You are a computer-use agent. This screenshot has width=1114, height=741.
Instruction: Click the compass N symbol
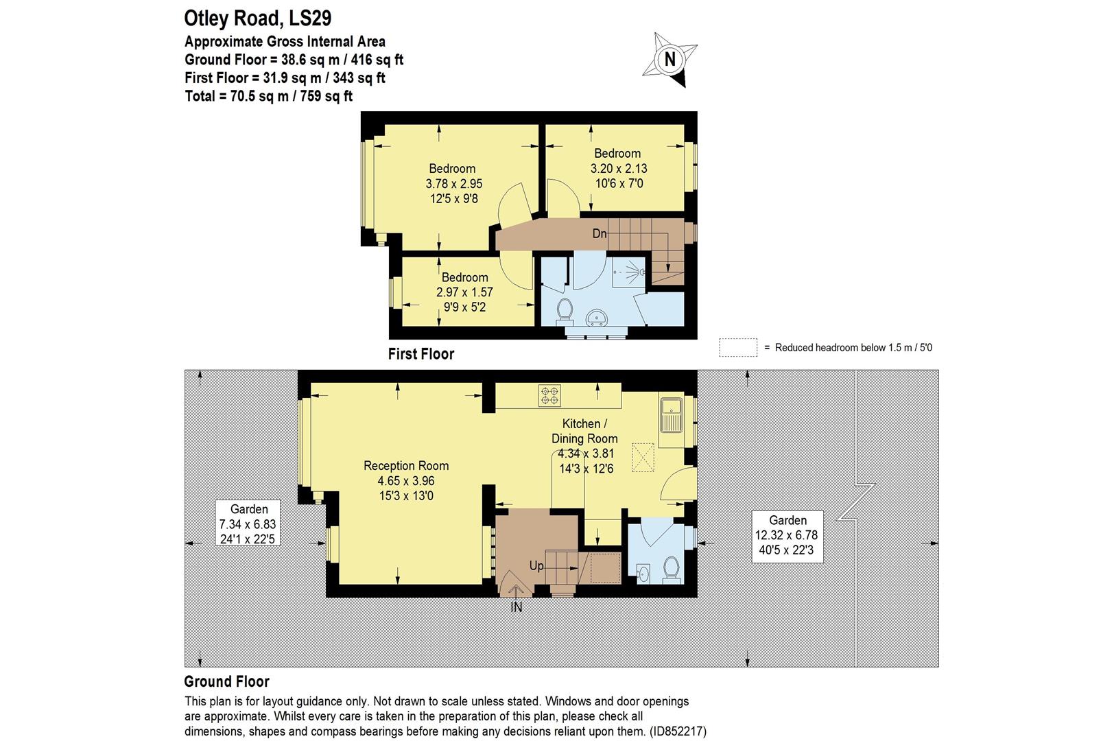[670, 60]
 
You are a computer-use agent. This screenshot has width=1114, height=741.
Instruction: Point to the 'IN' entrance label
[516, 607]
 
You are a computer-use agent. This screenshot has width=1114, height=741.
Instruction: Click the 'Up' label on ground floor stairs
[536, 566]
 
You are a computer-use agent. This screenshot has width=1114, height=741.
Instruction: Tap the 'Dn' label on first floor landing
[599, 234]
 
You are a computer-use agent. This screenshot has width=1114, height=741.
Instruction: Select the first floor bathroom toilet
[565, 309]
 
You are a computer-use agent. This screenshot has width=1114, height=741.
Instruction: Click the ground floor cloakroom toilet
[671, 569]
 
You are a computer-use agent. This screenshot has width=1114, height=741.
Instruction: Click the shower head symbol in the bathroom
[641, 272]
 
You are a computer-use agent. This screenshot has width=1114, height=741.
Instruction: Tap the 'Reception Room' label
[406, 466]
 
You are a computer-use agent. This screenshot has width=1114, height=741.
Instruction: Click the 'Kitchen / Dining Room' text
[584, 431]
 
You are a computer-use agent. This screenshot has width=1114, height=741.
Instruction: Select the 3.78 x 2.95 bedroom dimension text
[453, 184]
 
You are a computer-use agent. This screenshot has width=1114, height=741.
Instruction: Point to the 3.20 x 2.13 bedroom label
[618, 168]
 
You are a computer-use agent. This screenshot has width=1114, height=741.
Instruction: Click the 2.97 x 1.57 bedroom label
[464, 292]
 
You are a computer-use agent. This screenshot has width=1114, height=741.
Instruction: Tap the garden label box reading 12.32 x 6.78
[787, 536]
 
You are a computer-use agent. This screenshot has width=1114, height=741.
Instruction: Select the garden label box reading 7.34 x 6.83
[248, 524]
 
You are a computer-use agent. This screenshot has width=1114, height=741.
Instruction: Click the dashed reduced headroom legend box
[737, 348]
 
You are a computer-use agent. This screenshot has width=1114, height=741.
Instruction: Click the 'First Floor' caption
[420, 354]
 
